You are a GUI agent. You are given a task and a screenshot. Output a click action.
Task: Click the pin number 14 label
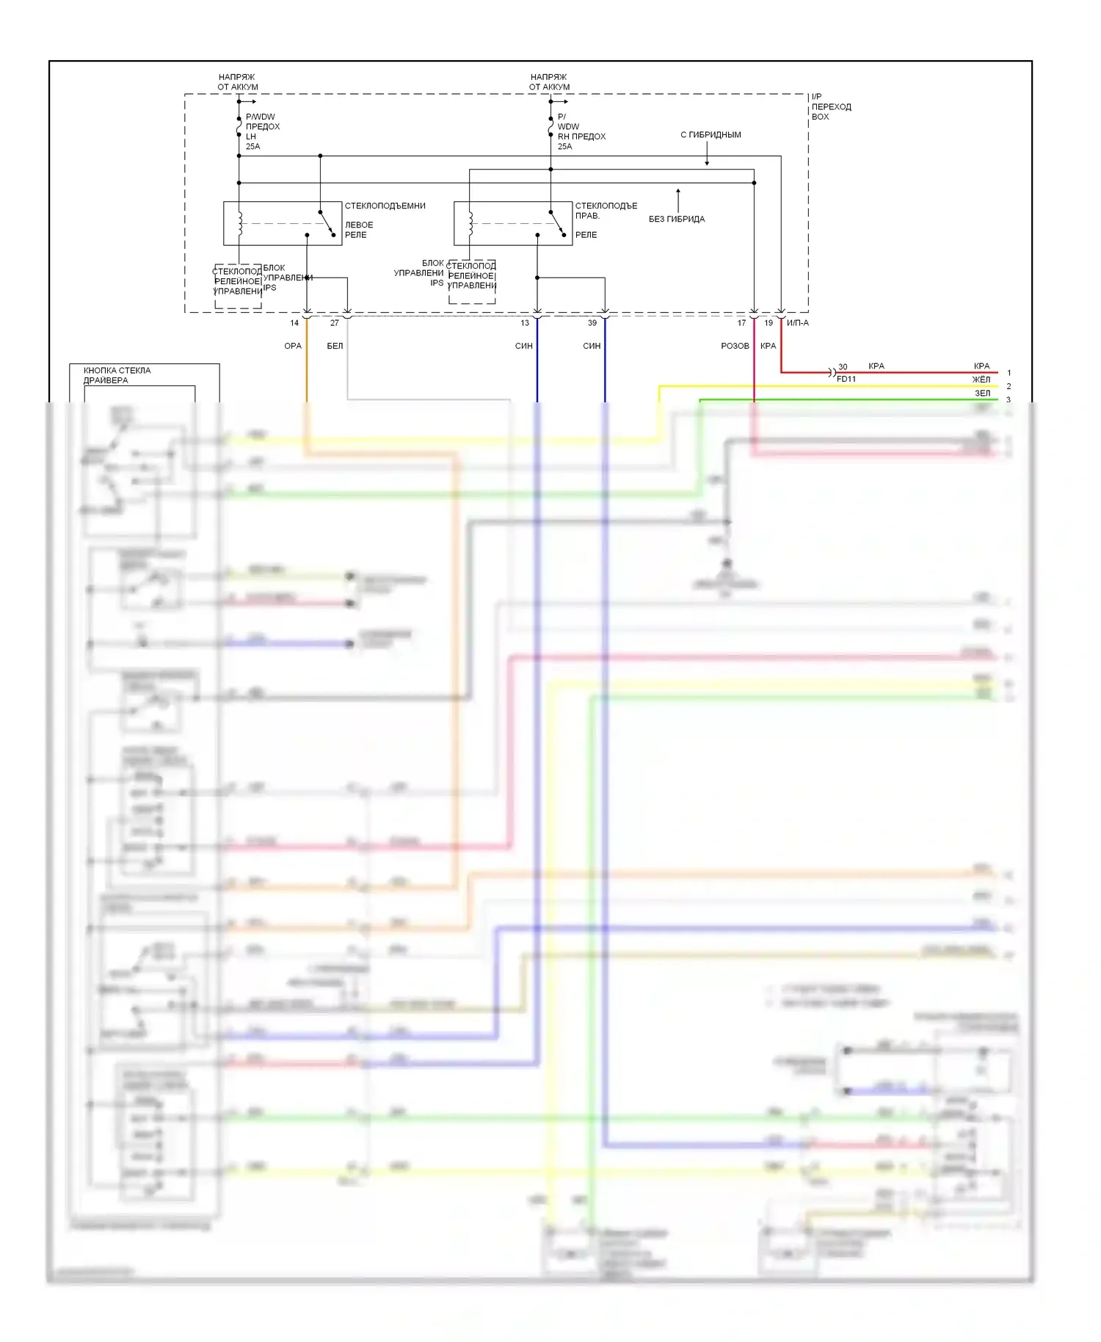(x=294, y=323)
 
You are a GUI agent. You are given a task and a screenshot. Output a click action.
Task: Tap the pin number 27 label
(x=335, y=323)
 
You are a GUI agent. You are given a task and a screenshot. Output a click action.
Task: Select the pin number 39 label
(x=592, y=323)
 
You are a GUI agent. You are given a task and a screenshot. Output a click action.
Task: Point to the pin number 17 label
(x=742, y=323)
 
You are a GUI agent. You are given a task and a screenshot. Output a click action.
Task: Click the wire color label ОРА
(x=293, y=346)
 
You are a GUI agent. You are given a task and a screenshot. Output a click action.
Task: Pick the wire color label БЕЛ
(x=335, y=346)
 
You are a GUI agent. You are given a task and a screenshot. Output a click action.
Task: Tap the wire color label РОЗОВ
(x=735, y=346)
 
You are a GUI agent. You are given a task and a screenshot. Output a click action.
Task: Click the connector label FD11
(x=846, y=379)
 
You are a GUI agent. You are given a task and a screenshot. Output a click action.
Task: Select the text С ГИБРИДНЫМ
(x=711, y=135)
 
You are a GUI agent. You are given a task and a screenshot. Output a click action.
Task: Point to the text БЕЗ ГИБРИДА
(x=677, y=219)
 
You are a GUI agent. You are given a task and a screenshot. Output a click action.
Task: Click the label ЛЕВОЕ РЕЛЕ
(x=359, y=230)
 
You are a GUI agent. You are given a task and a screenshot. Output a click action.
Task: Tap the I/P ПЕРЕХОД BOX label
(x=831, y=107)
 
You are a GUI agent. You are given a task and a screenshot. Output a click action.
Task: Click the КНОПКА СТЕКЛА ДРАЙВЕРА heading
(x=117, y=375)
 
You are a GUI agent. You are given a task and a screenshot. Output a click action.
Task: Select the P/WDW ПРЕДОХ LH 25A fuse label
(x=262, y=131)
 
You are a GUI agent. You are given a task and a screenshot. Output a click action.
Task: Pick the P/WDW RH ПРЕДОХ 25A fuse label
(x=581, y=131)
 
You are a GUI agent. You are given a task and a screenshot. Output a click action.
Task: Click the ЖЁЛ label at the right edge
(x=981, y=380)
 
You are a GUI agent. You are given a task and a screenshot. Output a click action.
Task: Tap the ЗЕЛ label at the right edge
(x=982, y=393)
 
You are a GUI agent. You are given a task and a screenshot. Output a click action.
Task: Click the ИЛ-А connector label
(x=798, y=323)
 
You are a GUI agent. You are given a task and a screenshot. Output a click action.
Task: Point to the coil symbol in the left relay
(x=239, y=224)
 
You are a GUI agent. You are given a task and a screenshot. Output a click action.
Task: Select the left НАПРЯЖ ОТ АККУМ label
(x=238, y=81)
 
